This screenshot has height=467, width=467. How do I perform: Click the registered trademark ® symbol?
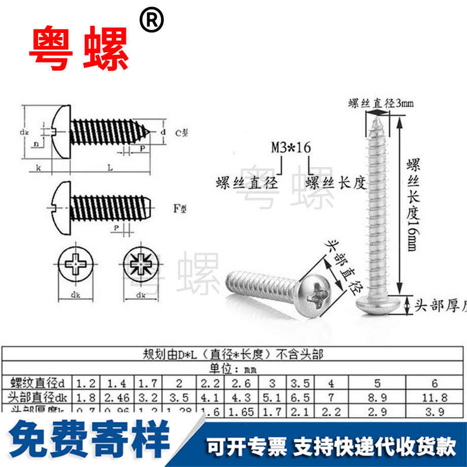pos(152,21)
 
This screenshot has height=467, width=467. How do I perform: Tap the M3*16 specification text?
pos(290,148)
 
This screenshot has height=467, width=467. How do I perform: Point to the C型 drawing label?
pos(181,133)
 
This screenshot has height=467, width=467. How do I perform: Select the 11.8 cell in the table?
pos(436,397)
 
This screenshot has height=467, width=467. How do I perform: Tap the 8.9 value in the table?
pos(377,397)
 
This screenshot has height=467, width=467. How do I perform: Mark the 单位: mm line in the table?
pos(233,369)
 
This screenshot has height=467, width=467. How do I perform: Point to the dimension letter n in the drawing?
pos(36,144)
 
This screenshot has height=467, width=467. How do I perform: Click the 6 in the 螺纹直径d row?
pos(436,383)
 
